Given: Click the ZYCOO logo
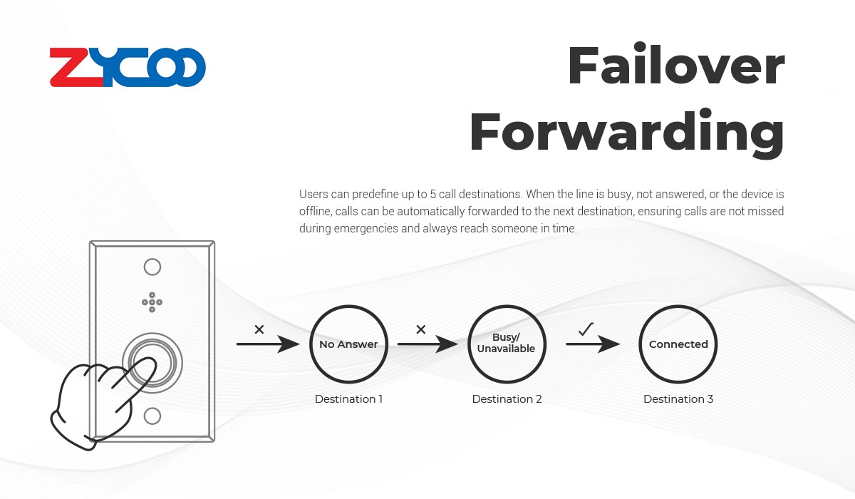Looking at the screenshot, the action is (x=128, y=67).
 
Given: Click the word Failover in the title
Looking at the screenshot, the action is (x=676, y=65).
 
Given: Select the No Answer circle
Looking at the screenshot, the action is (x=311, y=344).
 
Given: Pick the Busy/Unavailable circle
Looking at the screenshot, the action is (x=469, y=344).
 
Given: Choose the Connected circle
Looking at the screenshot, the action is (x=640, y=344).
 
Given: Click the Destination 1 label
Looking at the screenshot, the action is (x=348, y=399).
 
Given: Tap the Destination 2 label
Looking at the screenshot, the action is (x=507, y=399).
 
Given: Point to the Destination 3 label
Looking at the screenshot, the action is (x=678, y=399).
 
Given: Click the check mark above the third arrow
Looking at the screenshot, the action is (x=586, y=329).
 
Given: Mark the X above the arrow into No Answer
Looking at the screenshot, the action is (x=259, y=329).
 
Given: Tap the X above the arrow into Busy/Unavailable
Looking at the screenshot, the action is (x=421, y=329).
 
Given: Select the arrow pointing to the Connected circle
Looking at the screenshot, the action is (x=593, y=344).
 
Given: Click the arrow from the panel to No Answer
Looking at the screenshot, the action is (x=268, y=344).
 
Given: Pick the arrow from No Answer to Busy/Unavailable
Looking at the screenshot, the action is (x=427, y=344).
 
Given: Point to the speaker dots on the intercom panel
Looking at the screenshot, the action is (x=152, y=302).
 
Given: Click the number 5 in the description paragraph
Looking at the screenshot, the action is (x=433, y=195).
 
